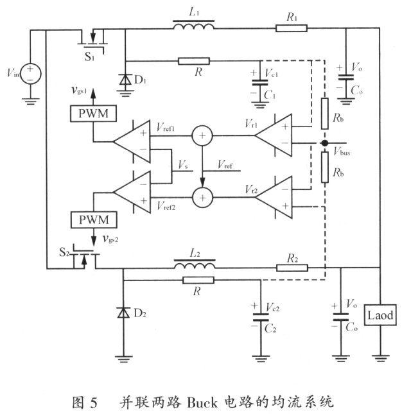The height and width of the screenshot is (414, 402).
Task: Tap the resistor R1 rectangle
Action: point(292,28)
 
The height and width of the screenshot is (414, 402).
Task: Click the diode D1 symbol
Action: point(125,80)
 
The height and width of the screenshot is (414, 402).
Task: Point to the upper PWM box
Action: point(93,114)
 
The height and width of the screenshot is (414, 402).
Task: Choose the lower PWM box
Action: point(94,220)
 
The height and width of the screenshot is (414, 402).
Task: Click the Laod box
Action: point(380,315)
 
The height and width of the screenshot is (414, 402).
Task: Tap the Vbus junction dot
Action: point(324,143)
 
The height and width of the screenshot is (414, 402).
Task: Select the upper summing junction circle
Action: point(202,135)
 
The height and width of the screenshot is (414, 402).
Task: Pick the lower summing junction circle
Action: point(202,198)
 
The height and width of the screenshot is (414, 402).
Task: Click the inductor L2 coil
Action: point(195,264)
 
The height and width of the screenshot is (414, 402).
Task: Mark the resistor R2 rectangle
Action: point(292,268)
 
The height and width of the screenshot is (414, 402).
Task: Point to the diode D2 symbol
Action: point(123,313)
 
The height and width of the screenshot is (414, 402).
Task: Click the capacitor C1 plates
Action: point(260,82)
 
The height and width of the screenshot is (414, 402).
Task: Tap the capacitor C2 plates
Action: point(261,317)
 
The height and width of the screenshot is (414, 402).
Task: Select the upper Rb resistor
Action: point(324,114)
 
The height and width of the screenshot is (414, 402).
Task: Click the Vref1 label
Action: point(166,127)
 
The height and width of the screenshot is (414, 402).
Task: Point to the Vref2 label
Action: point(166,205)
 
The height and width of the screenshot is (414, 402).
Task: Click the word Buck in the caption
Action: point(202,402)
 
